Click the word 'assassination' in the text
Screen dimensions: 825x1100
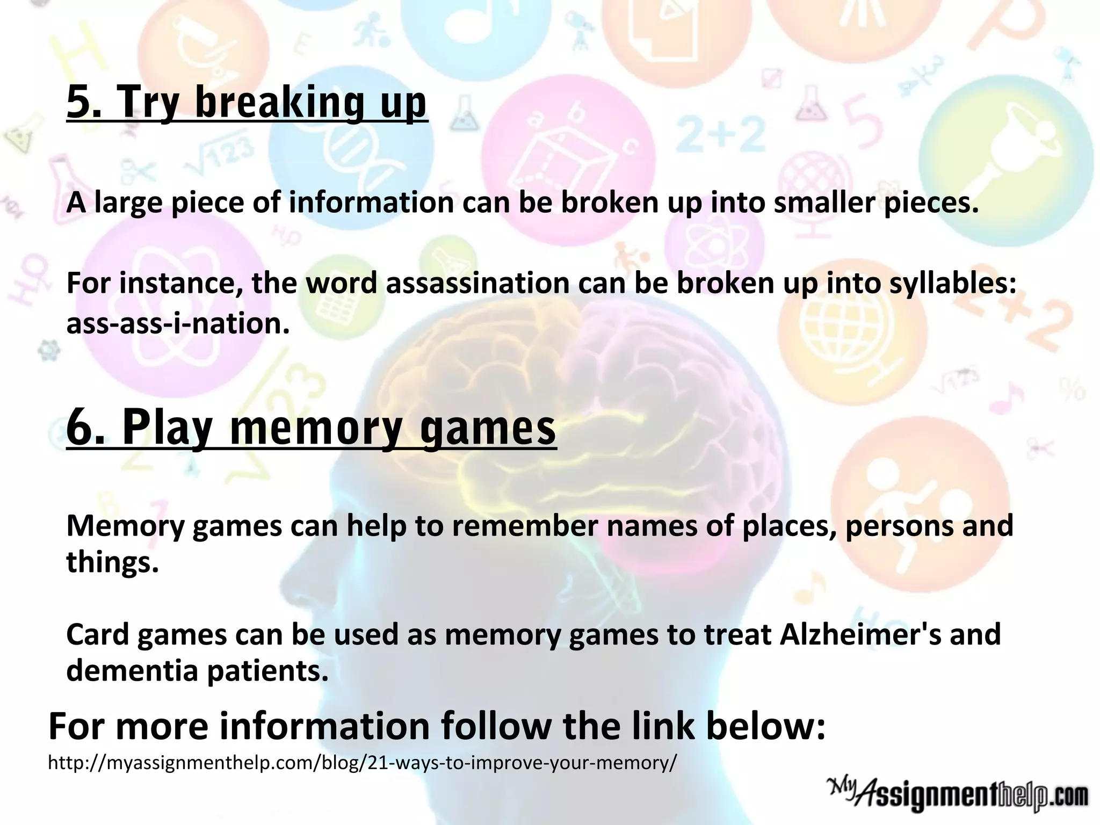[x=477, y=283]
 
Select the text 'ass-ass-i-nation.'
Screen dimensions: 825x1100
[x=178, y=323]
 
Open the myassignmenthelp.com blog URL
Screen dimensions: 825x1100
[x=363, y=763]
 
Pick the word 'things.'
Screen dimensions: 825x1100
[x=112, y=562]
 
